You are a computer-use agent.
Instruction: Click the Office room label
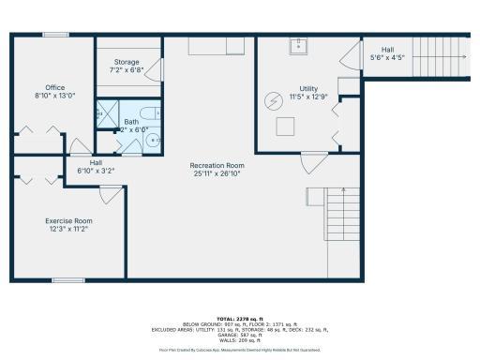(x=55, y=87)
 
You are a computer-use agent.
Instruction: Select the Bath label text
(x=132, y=122)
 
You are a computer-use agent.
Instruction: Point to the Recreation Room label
(x=217, y=165)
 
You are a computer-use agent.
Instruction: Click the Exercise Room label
(x=67, y=221)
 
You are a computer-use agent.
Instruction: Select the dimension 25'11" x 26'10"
(x=217, y=173)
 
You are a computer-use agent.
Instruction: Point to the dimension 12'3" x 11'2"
(x=67, y=230)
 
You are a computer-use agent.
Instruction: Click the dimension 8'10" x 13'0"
(x=55, y=96)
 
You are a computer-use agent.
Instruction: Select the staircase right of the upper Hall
(x=441, y=56)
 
